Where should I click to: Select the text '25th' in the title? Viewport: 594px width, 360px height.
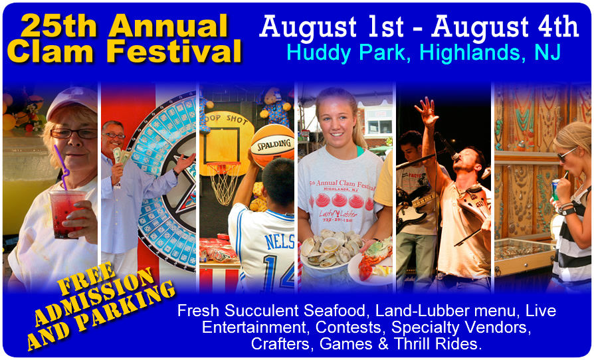[x=58, y=26]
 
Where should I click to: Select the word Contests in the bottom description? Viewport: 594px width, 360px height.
[x=349, y=327]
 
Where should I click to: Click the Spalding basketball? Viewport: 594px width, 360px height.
[x=272, y=145]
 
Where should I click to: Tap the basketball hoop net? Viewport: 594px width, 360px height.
[x=225, y=183]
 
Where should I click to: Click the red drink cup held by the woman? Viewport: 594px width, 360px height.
[x=63, y=213]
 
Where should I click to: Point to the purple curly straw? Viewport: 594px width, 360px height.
[x=61, y=167]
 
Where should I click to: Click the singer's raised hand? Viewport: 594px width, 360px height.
[x=427, y=112]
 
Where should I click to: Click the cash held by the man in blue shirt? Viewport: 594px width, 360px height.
[x=121, y=155]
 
